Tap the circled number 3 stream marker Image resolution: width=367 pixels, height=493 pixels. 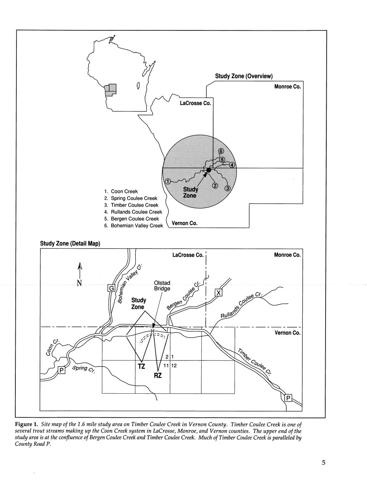(227, 188)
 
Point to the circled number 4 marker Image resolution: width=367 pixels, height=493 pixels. (232, 165)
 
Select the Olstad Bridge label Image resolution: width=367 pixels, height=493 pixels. (162, 286)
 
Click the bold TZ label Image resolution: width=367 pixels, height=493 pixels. (142, 366)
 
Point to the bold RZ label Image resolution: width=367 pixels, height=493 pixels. (158, 375)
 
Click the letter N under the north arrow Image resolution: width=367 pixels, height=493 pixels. (79, 283)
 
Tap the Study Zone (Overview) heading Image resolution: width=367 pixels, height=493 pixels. (244, 76)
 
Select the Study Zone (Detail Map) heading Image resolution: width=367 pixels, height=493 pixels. (70, 244)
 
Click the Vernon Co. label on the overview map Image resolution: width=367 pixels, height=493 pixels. (185, 223)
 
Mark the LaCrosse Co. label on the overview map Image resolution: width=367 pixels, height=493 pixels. (196, 104)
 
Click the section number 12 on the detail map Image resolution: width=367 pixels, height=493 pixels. (174, 366)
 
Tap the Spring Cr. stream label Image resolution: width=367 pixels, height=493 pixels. (83, 370)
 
